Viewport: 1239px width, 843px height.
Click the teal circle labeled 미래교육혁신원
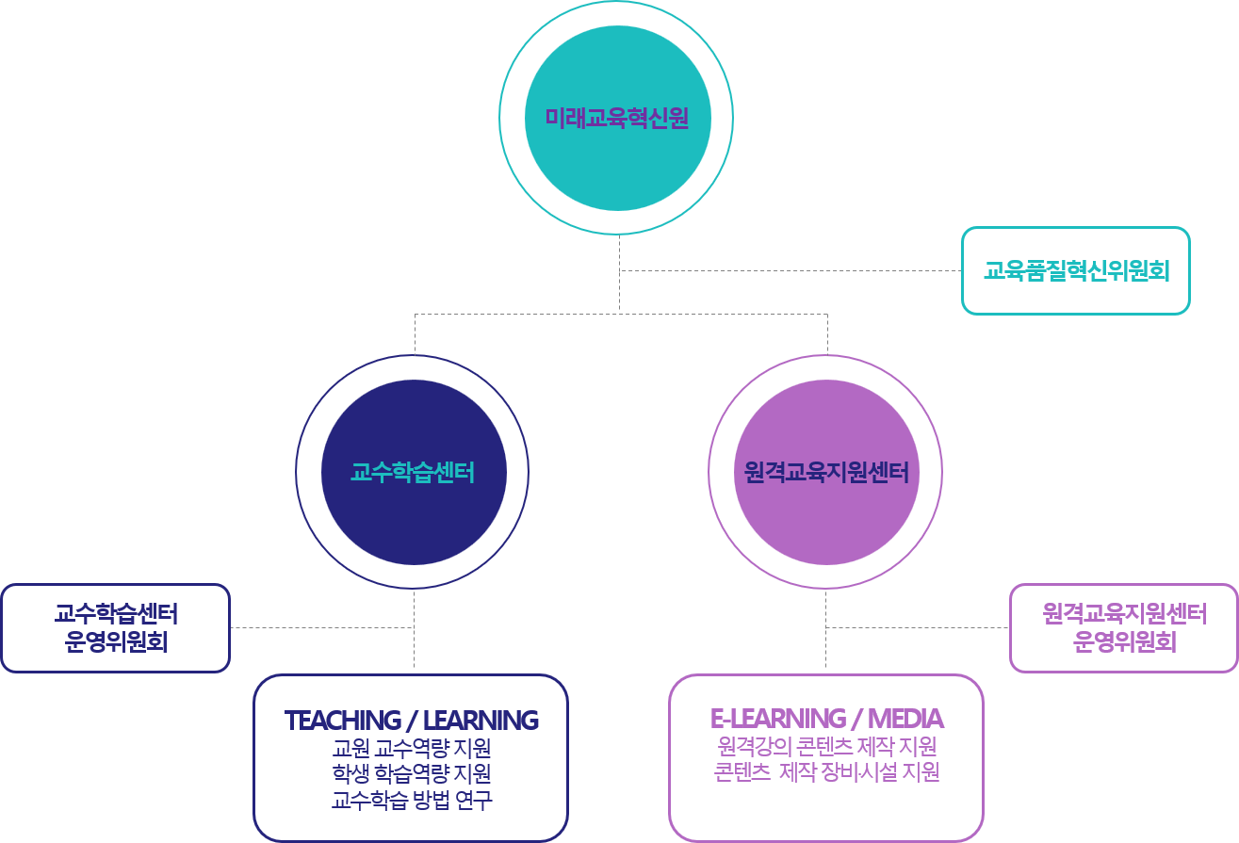click(617, 118)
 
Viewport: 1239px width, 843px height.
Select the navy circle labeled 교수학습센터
click(413, 472)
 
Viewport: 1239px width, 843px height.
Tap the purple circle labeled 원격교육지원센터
click(825, 472)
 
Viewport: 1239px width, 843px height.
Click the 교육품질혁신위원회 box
click(1076, 271)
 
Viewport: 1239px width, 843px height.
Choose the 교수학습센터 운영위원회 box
click(116, 628)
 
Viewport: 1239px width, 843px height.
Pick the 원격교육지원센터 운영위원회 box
click(1124, 628)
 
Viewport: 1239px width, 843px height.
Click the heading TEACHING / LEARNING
click(412, 721)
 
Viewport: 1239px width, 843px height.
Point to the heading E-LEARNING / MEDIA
click(826, 719)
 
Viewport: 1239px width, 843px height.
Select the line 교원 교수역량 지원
click(412, 749)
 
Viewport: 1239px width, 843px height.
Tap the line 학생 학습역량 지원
click(412, 774)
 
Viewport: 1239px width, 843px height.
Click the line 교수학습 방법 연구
click(412, 801)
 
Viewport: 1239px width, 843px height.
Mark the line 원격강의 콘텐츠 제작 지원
click(826, 747)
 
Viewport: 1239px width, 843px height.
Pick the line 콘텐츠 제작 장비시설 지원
click(826, 772)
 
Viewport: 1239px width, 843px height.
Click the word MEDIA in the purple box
click(905, 719)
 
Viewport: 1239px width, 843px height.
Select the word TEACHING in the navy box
click(342, 721)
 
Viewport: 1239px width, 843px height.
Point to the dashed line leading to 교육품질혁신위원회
click(791, 271)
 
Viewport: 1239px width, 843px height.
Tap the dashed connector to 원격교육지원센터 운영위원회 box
click(919, 626)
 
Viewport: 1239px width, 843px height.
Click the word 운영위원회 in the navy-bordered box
click(116, 643)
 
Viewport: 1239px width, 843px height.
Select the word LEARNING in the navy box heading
click(481, 721)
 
